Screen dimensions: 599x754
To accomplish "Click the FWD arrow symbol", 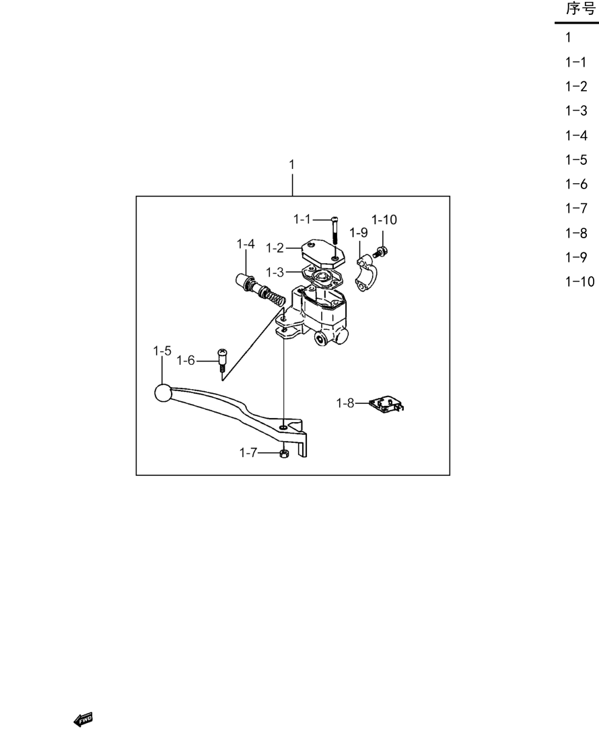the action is coord(83,720).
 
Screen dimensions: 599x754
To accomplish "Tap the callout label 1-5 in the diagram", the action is coord(162,351).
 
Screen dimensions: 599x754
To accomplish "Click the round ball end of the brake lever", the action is coord(163,393).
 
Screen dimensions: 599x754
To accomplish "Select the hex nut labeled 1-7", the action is coord(283,453).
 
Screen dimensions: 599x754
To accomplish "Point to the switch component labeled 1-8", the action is coord(386,404).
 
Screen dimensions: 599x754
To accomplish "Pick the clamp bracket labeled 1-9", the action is coord(367,273).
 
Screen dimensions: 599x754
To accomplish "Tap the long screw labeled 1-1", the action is coord(334,230).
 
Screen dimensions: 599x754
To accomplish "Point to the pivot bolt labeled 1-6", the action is coord(223,359).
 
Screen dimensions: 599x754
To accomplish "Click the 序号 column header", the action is coord(580,9).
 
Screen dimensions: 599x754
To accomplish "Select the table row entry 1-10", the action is coord(579,281).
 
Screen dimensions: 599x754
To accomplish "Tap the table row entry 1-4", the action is coord(576,135).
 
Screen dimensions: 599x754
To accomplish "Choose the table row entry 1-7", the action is coord(576,208).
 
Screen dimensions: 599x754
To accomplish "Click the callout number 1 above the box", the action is coord(291,164).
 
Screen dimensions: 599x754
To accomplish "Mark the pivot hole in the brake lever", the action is coord(284,426).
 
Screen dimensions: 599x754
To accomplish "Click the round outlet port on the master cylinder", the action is coord(320,339).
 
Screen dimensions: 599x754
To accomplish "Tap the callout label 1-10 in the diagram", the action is coord(384,219).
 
